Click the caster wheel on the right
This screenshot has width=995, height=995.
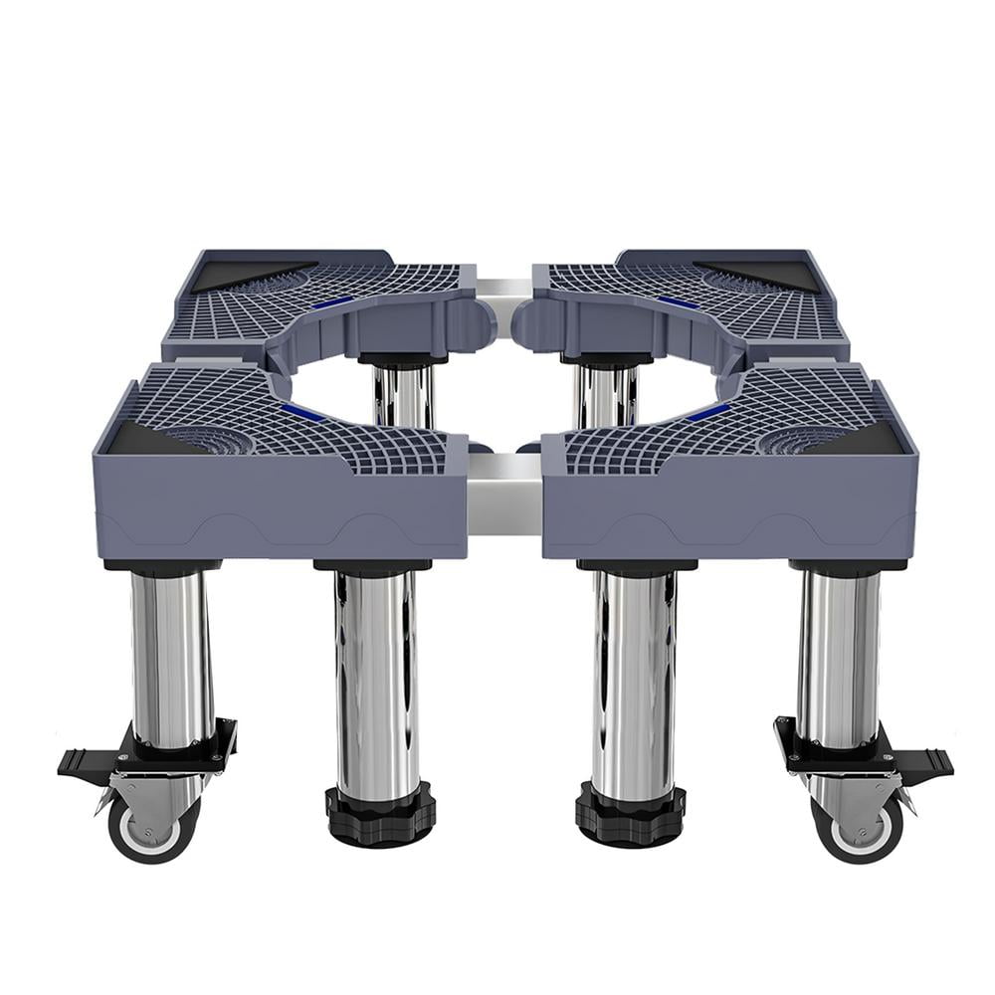point(858,828)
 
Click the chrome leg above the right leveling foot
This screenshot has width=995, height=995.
point(634,677)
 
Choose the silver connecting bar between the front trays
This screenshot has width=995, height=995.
point(504,494)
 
